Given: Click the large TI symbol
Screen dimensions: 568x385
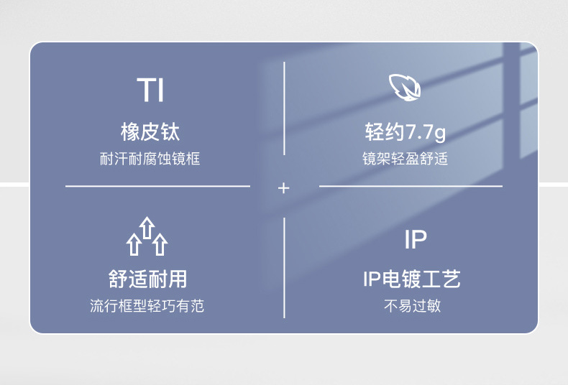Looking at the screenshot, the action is (x=150, y=91).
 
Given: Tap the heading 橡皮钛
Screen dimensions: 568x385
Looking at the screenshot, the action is (x=150, y=132).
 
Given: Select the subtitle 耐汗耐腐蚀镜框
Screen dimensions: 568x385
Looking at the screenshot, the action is (x=150, y=159).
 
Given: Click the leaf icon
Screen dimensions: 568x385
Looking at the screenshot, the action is (x=405, y=88).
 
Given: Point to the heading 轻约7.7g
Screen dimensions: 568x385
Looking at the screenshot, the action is (x=405, y=132).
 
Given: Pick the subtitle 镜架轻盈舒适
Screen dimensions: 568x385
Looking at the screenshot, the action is (x=405, y=159).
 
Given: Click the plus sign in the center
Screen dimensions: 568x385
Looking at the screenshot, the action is (x=284, y=188).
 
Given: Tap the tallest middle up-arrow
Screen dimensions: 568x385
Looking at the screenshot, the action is (x=147, y=228).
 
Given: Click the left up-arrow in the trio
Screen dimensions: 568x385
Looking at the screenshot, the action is (x=134, y=244).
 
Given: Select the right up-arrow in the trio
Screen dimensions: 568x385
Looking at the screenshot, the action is (x=160, y=244).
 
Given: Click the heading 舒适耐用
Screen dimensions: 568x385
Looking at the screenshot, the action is (x=148, y=279).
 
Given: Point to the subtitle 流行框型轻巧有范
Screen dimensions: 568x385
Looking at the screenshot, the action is (x=147, y=306).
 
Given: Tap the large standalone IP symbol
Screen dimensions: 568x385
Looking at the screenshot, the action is (x=416, y=240).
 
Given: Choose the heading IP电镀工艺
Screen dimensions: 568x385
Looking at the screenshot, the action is (x=412, y=279).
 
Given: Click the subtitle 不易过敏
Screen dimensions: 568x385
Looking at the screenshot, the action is (x=412, y=306).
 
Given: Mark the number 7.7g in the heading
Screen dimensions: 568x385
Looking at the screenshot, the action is (x=426, y=133).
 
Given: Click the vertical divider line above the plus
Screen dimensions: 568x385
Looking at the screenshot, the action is (x=284, y=108).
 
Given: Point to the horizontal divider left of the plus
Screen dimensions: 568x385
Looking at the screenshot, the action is (x=157, y=186).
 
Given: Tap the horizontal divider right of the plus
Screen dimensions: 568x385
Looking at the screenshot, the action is (x=411, y=186).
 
